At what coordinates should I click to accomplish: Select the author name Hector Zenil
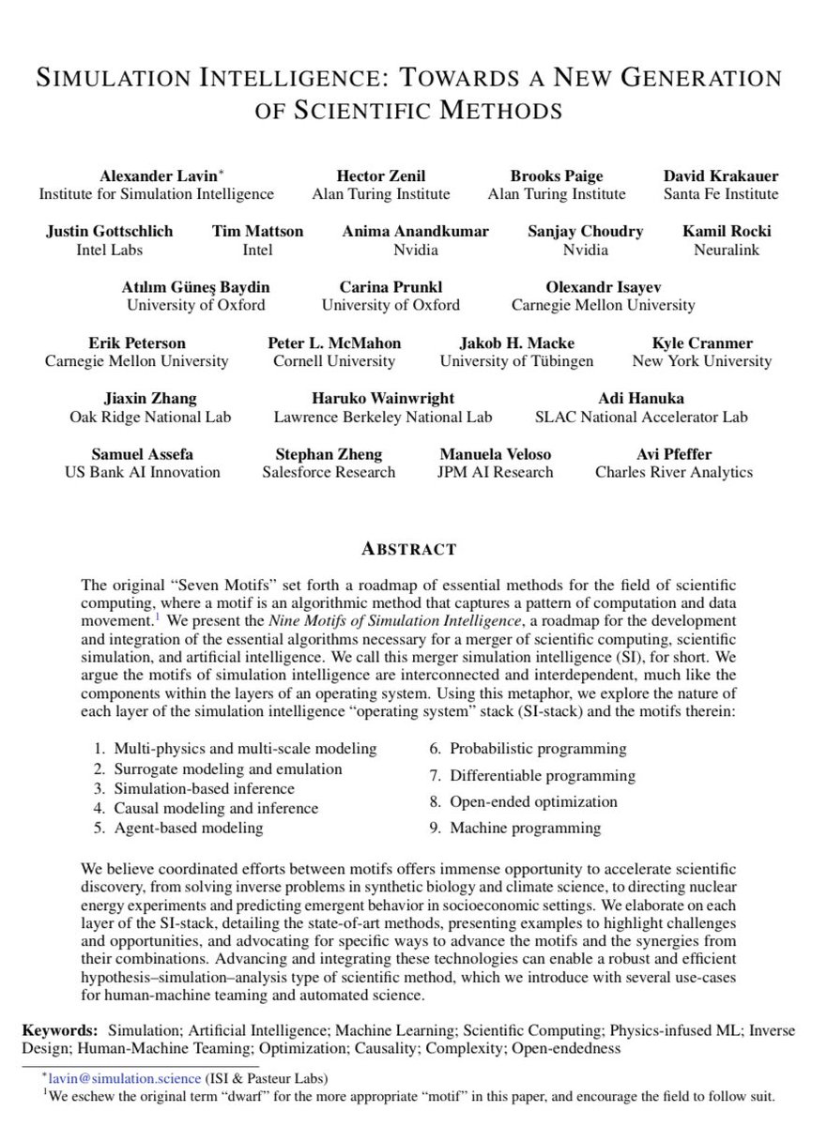380,175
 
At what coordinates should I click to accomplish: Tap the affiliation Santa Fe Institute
720,194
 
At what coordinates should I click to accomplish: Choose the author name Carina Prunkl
391,286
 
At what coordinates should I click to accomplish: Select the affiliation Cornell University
334,360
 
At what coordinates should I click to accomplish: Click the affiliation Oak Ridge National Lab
150,416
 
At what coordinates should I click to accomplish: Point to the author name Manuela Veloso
496,453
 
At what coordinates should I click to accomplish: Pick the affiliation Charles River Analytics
673,472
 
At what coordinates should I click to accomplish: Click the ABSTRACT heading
413,549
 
